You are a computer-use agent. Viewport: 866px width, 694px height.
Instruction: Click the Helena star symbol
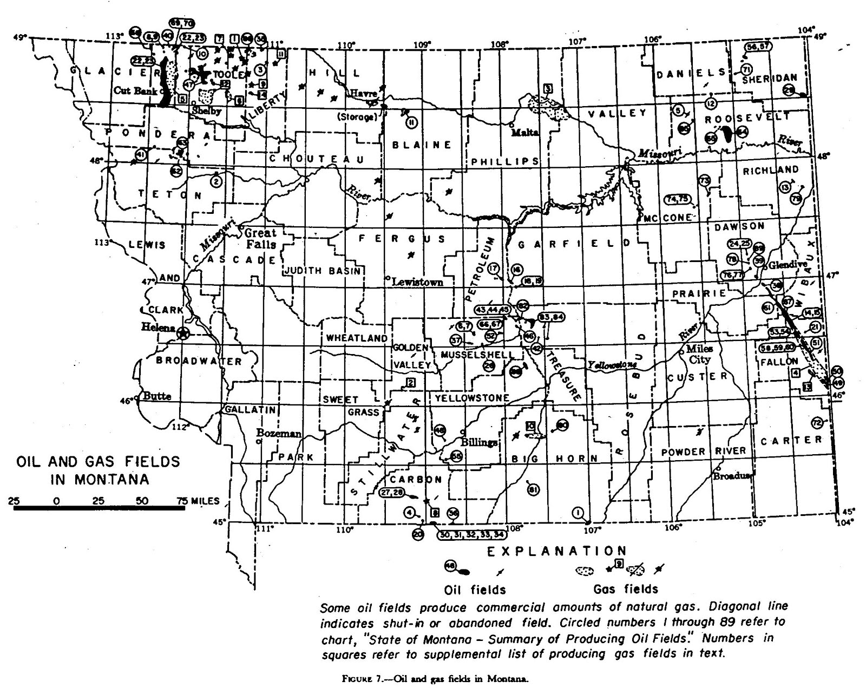tap(183, 333)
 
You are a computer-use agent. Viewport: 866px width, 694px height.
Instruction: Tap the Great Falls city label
tap(261, 238)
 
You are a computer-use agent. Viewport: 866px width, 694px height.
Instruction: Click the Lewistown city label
tap(417, 281)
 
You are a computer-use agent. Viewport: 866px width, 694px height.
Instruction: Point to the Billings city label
tap(479, 442)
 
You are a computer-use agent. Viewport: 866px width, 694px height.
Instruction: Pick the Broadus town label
tap(732, 476)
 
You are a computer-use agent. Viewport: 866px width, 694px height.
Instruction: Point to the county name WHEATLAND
tap(357, 338)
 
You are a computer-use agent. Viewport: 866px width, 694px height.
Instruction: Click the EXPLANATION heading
tap(557, 551)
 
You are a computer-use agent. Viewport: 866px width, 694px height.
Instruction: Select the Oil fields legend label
tap(475, 589)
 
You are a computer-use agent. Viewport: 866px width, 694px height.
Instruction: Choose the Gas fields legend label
tap(626, 589)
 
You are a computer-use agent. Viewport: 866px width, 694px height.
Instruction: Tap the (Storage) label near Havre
tap(356, 117)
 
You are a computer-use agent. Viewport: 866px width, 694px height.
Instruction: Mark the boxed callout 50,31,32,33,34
tap(473, 534)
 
